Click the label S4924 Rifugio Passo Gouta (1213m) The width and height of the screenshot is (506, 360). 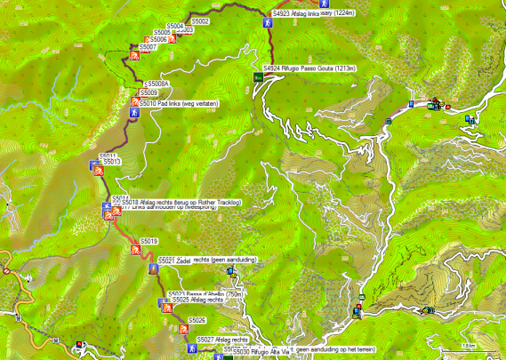point(309,68)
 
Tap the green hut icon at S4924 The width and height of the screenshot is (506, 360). point(257,77)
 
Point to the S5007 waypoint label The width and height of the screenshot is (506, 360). point(149,47)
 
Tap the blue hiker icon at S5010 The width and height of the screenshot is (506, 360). point(133,114)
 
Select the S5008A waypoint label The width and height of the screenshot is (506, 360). point(158,84)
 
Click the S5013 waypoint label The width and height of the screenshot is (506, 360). point(111,162)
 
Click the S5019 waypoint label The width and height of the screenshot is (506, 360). point(149,242)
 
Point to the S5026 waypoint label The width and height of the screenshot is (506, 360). point(197,320)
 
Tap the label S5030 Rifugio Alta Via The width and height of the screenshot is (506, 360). point(261,353)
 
